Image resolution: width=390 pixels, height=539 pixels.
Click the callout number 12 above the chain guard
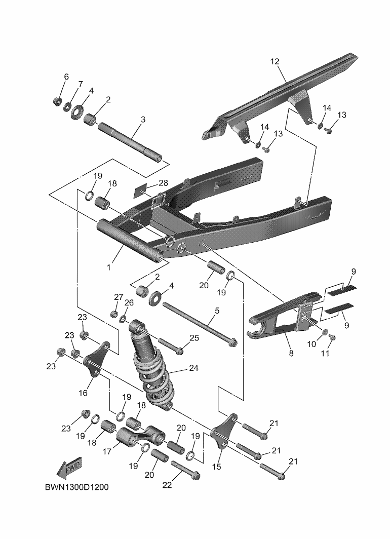point(275,62)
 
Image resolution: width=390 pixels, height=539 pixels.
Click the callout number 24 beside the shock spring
point(193,368)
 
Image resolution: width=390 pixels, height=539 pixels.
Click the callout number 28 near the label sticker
point(163,182)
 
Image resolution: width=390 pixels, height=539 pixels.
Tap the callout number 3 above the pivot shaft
point(143,120)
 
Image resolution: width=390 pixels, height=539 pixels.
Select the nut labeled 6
point(57,101)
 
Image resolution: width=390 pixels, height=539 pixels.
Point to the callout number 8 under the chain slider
point(291,354)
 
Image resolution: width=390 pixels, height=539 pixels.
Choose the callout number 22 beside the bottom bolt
point(168,485)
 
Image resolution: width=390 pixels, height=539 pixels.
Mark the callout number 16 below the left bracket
point(83,393)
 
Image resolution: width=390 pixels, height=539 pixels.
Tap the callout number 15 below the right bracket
point(216,467)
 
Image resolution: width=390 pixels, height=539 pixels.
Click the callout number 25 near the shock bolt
point(194,338)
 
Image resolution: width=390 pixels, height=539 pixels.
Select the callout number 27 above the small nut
point(119,297)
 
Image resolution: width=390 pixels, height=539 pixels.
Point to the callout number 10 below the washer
point(311,344)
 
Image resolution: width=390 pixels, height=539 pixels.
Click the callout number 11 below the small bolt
point(326,353)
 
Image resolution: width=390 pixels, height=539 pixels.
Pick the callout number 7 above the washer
point(80,84)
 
